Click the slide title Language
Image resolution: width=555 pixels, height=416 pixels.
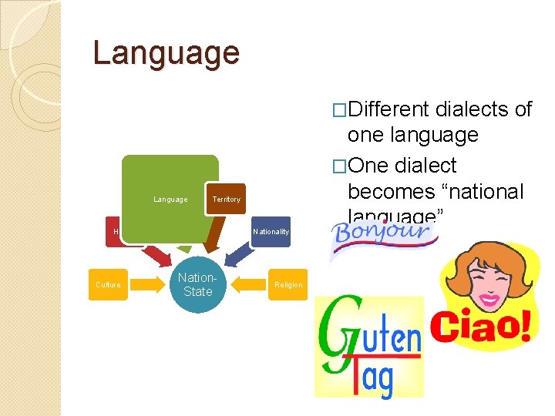pos(166,53)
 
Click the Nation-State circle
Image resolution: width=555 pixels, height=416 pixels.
pos(194,284)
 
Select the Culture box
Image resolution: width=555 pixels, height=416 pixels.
pos(108,285)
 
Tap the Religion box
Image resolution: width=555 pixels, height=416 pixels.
pos(288,285)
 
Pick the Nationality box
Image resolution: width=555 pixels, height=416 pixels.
pos(271,232)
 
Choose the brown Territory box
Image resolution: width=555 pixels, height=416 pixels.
pos(226,200)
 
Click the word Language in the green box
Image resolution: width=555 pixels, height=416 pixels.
pos(170,200)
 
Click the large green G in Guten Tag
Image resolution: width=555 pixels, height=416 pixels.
pos(341,331)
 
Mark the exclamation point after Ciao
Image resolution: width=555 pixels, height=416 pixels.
pos(525,326)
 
